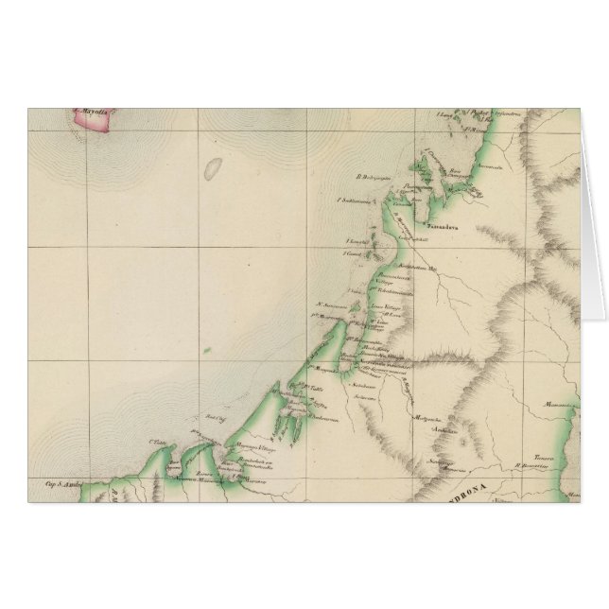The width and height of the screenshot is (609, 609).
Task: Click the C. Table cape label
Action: [157, 441]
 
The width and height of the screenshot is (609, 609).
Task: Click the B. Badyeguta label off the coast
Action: [360, 175]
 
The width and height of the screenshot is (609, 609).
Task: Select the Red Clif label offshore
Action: [214, 417]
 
